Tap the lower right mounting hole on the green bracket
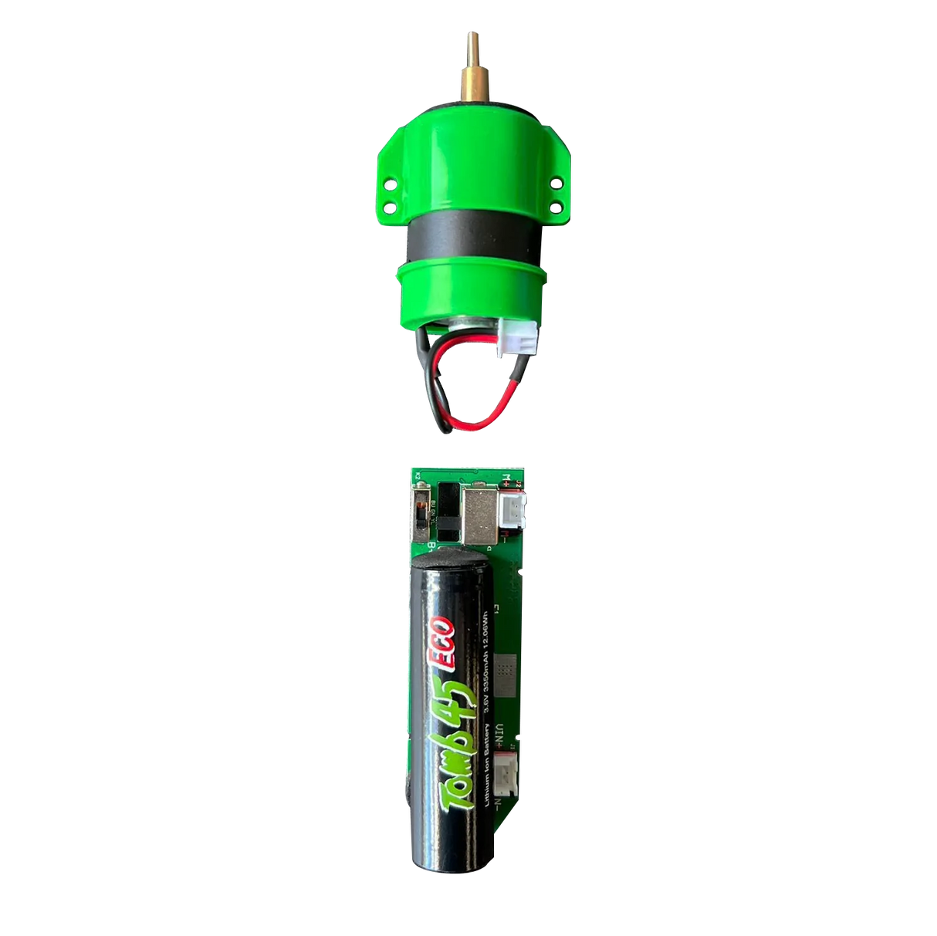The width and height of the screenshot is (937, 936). click(556, 204)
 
